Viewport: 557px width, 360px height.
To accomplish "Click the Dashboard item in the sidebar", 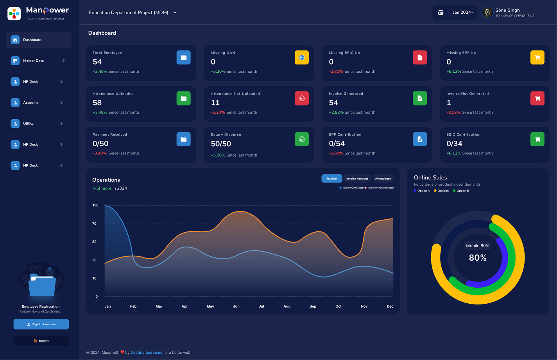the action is pos(39,40).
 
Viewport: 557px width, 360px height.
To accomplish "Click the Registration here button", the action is pos(41,324).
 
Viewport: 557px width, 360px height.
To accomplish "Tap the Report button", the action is pos(41,341).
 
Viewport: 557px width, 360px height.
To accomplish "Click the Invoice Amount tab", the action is pos(357,179).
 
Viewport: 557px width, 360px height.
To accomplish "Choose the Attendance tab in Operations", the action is pos(383,179).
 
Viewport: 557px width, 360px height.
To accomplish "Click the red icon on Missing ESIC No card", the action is pos(420,57).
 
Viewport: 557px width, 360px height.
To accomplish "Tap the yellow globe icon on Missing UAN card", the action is pos(302,57).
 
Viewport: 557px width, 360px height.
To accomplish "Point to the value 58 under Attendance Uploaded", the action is pos(97,103).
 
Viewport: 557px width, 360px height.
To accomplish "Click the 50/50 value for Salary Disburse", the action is pos(221,144).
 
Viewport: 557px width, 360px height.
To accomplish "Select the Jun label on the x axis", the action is pos(236,306).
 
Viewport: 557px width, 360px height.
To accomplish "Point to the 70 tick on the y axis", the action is pos(94,224).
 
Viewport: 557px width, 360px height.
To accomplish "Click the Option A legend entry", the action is pos(422,191).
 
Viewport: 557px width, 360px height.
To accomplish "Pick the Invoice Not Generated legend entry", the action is pos(379,188).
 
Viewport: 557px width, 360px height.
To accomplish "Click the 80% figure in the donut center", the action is pos(478,258).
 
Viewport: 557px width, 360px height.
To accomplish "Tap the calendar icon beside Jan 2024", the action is pos(441,13).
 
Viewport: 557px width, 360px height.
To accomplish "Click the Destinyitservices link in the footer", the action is pos(146,353).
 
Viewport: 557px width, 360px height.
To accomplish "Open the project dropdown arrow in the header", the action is pos(175,13).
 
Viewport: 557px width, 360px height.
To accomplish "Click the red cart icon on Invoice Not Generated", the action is pos(537,99).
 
